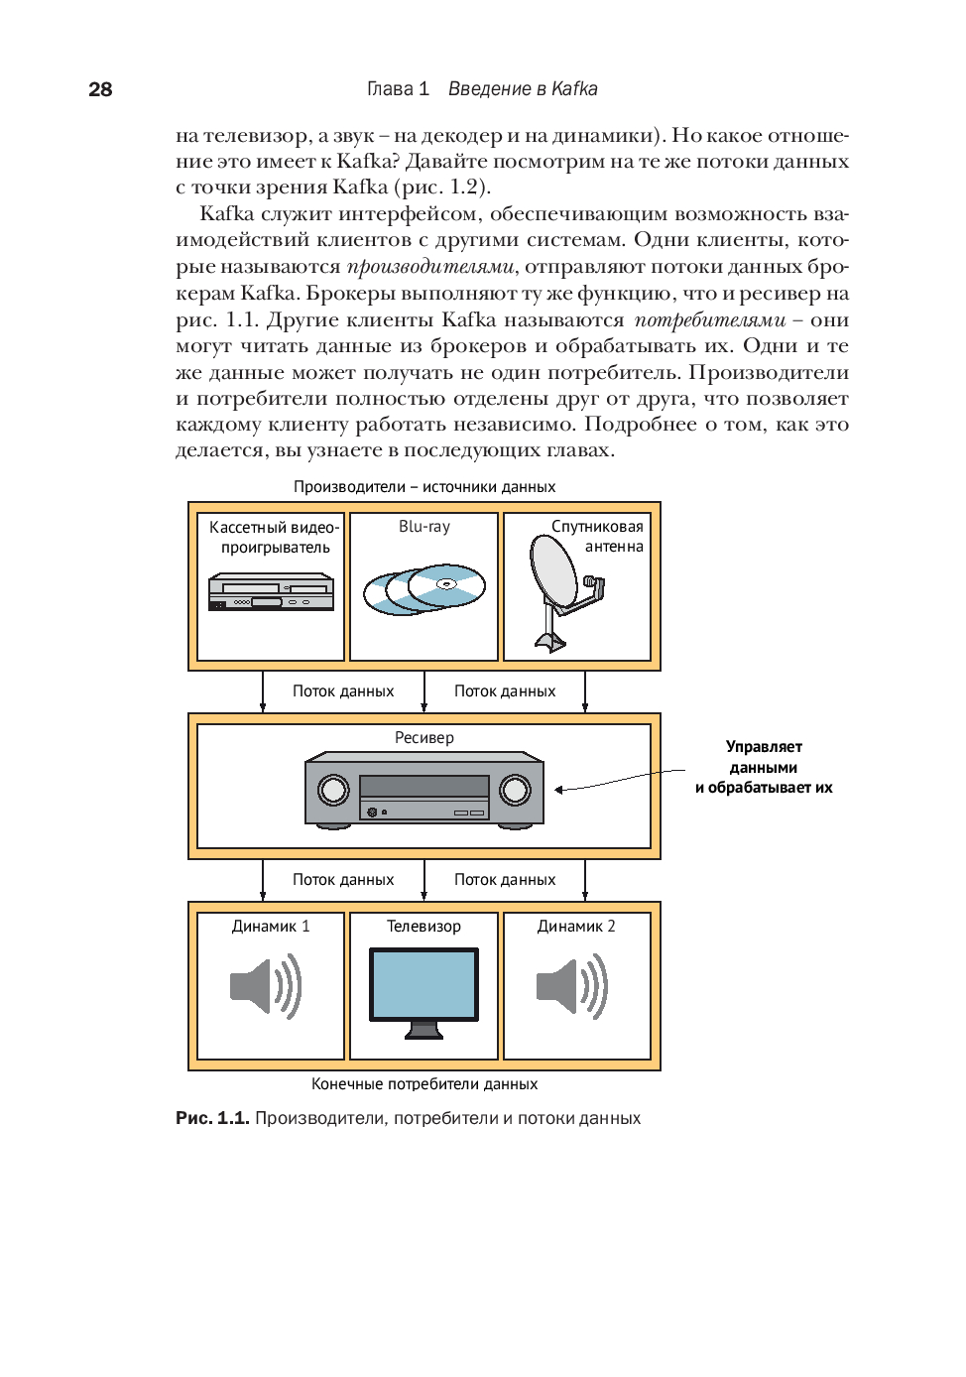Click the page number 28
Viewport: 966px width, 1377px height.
tap(100, 89)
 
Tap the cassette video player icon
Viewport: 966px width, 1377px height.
tap(271, 591)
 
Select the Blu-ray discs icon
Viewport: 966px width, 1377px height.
tap(424, 589)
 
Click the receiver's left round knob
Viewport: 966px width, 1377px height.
tap(333, 790)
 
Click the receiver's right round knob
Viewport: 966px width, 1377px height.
tap(515, 790)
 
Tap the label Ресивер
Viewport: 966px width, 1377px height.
tap(424, 738)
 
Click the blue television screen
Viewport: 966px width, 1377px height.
tap(424, 982)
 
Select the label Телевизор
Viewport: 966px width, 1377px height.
tap(423, 927)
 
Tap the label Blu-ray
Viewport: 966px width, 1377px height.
tap(424, 527)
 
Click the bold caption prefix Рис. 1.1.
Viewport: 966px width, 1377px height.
tap(212, 1118)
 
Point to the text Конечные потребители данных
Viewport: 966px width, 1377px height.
tap(424, 1084)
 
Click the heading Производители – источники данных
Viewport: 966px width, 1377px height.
tap(424, 487)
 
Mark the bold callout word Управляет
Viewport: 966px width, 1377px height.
tap(764, 747)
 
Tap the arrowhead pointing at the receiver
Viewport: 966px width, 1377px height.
tap(559, 790)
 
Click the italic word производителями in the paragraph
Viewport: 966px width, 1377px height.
tap(430, 267)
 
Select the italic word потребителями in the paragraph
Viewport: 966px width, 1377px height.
tap(710, 319)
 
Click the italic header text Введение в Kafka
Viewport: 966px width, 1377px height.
tap(523, 89)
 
